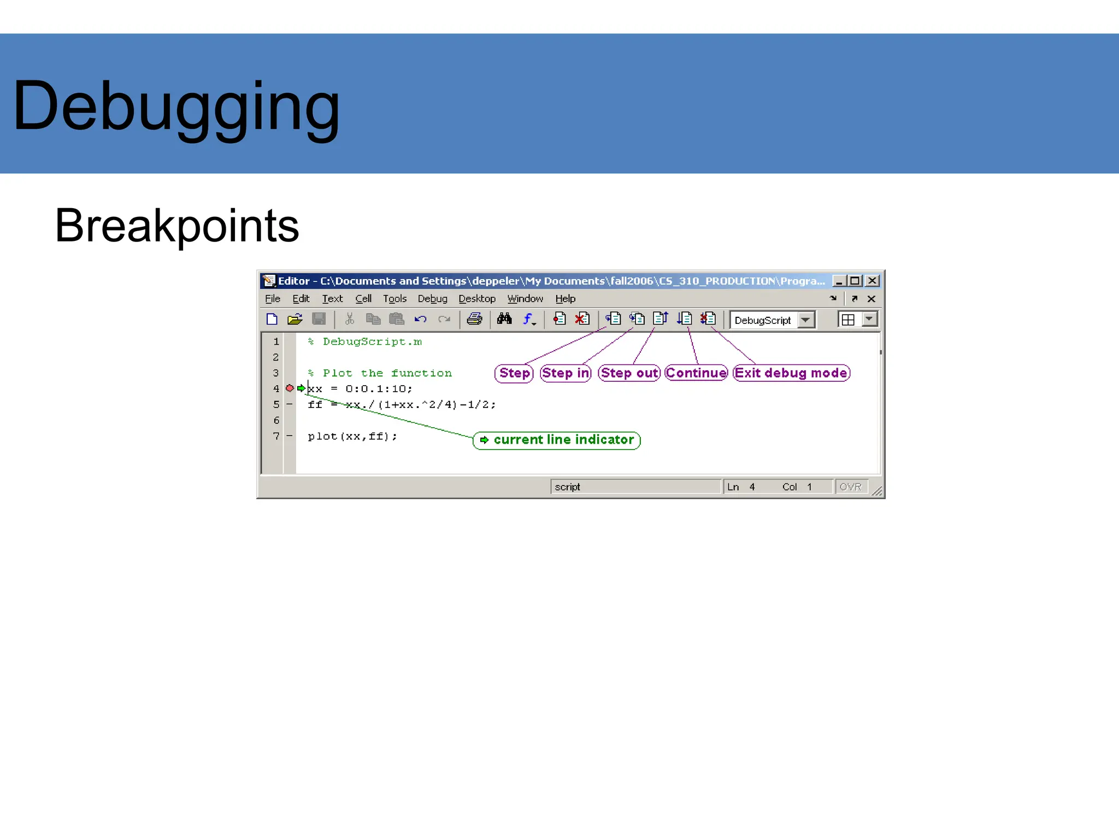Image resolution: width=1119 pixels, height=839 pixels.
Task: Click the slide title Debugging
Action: click(x=176, y=107)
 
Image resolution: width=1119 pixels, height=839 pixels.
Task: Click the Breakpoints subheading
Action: click(x=177, y=226)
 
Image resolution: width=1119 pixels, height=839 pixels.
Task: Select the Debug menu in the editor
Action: click(x=432, y=299)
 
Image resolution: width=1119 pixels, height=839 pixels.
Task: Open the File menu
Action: click(x=272, y=299)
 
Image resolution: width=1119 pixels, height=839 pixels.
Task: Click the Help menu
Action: click(x=565, y=299)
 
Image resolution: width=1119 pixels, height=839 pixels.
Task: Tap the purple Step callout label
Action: click(x=514, y=373)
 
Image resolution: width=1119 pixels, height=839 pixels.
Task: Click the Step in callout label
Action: click(x=566, y=373)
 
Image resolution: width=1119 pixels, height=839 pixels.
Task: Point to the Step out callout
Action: click(x=629, y=373)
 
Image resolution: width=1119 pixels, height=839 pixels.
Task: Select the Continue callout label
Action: click(x=696, y=373)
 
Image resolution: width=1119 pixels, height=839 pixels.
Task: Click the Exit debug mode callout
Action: click(x=791, y=373)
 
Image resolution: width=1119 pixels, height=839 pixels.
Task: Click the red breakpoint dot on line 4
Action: click(x=290, y=388)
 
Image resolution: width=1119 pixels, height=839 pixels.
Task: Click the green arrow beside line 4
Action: click(x=301, y=388)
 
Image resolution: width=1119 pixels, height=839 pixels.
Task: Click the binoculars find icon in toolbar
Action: click(x=504, y=319)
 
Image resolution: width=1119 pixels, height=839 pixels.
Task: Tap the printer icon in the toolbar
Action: click(x=474, y=319)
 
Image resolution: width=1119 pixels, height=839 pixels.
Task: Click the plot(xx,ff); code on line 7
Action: click(x=352, y=436)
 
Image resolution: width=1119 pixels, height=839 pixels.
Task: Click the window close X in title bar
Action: click(x=873, y=281)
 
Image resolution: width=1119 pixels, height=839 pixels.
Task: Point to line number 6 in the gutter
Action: click(x=276, y=421)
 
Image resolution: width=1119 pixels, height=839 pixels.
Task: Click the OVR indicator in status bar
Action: click(x=850, y=487)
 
